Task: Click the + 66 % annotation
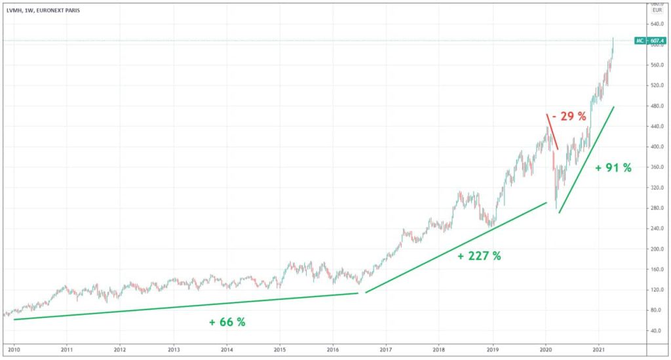pos(227,322)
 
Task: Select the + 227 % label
pos(479,256)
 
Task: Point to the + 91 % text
pos(613,168)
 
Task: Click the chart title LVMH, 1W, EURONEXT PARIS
pos(40,10)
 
